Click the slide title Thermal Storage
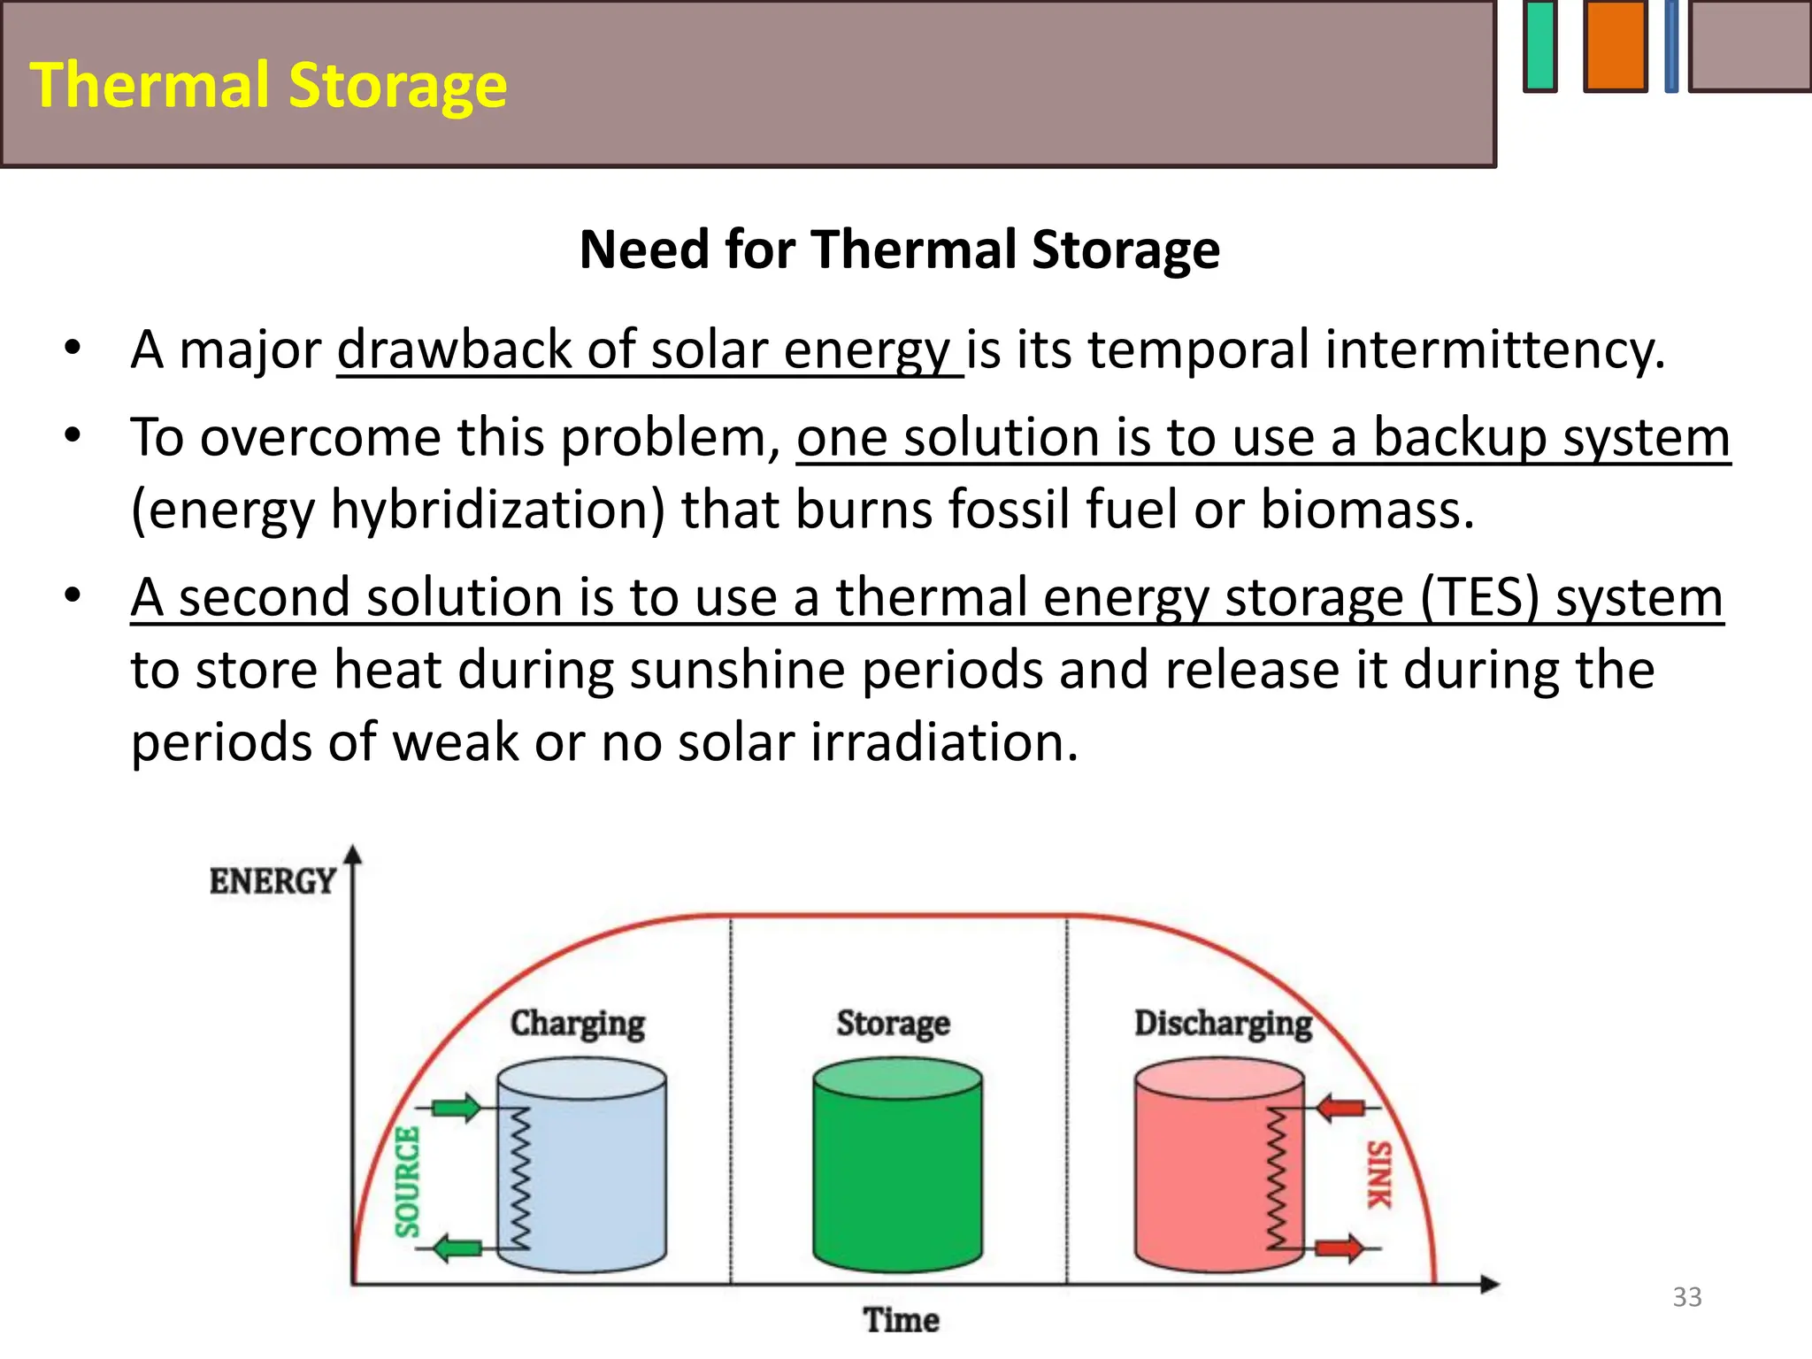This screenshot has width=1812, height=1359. (268, 85)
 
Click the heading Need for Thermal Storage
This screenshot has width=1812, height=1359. (899, 250)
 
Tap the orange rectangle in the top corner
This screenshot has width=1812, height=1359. (1615, 46)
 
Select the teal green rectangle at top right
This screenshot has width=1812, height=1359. (1540, 46)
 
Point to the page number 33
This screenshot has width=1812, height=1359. (1686, 1297)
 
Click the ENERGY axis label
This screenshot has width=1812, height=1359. (273, 881)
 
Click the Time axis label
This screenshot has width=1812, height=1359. (901, 1320)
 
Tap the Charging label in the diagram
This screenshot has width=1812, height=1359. (578, 1024)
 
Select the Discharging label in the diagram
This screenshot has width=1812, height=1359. (1223, 1024)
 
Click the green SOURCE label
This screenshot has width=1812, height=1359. (407, 1181)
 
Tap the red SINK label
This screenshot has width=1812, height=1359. (1379, 1175)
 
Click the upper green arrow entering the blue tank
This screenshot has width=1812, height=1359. (457, 1108)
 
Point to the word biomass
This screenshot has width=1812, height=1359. (1366, 511)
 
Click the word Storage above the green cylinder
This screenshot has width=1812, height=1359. (893, 1024)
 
